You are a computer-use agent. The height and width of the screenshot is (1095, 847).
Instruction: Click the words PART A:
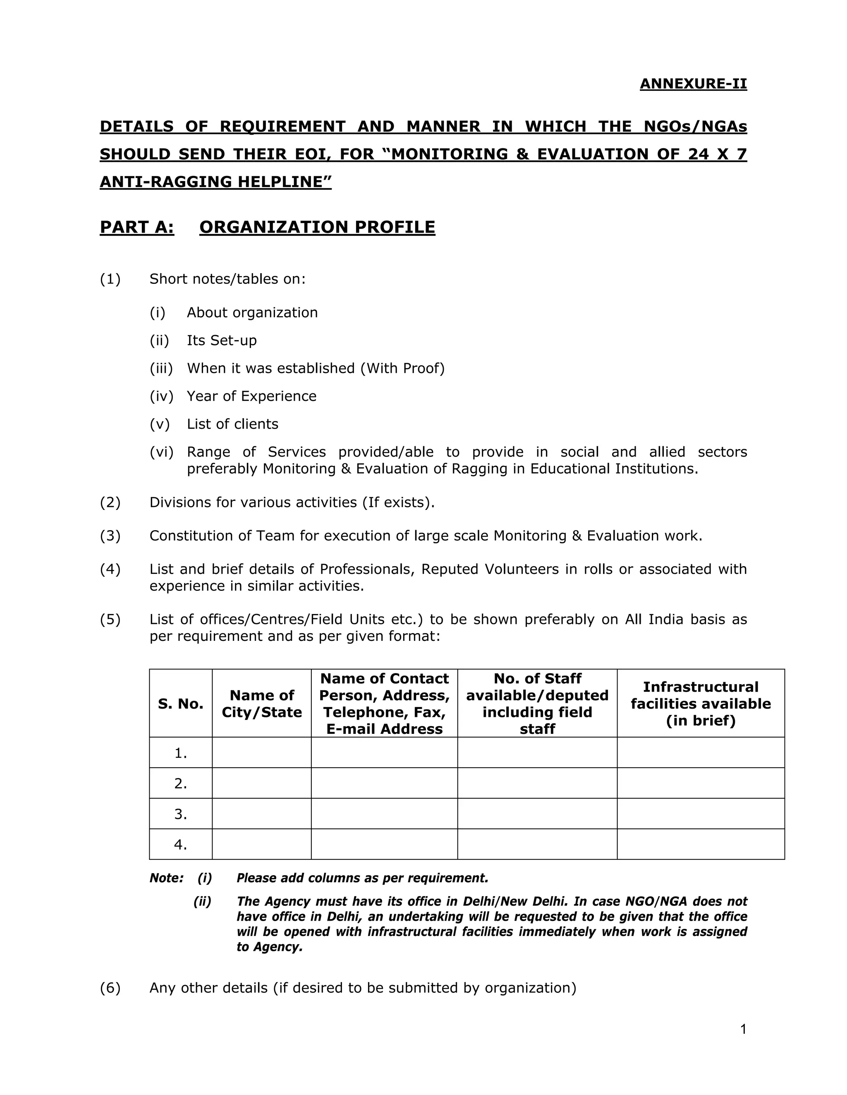coord(137,227)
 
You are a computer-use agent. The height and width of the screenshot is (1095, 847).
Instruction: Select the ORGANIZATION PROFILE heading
coord(317,227)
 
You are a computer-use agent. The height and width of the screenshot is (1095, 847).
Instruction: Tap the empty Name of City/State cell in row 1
coord(261,752)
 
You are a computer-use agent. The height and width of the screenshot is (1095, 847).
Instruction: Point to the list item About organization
coord(252,313)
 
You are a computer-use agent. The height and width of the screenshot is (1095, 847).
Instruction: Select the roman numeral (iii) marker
coord(161,369)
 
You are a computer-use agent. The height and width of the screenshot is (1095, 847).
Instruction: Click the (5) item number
coord(110,620)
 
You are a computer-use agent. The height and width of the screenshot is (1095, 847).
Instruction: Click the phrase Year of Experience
coord(251,396)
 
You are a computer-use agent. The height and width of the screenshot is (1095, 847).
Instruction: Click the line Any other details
coord(362,988)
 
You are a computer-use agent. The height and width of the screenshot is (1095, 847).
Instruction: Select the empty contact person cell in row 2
coord(384,783)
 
